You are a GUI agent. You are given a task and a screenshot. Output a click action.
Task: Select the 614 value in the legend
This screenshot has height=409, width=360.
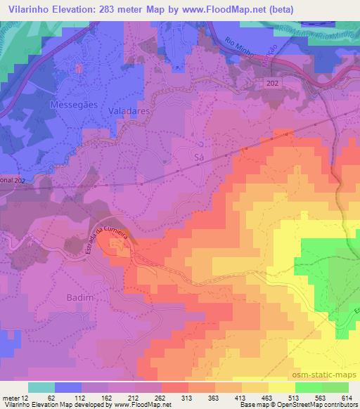pos(342,398)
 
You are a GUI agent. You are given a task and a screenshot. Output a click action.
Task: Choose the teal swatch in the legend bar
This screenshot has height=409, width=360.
pos(41,387)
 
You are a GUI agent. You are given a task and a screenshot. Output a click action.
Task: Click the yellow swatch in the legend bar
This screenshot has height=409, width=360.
pos(281,387)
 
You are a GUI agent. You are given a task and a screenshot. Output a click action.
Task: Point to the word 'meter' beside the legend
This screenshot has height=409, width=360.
pos(11,398)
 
